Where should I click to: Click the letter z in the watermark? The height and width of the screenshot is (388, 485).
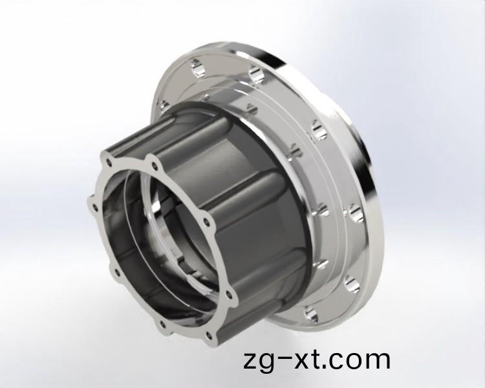(252, 360)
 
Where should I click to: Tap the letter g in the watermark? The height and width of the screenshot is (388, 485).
(270, 362)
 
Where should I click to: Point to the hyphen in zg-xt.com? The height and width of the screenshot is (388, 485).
(288, 360)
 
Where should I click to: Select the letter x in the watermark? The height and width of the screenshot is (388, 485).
(307, 360)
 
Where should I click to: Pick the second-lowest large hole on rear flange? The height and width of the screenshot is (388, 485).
(350, 280)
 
